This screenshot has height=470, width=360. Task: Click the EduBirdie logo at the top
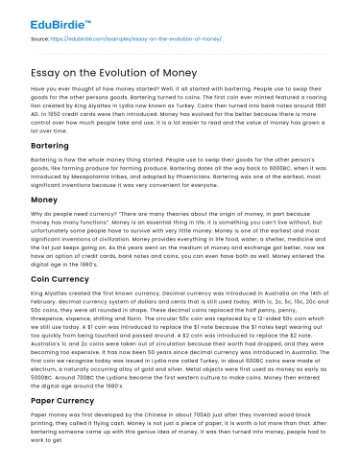click(x=38, y=15)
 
